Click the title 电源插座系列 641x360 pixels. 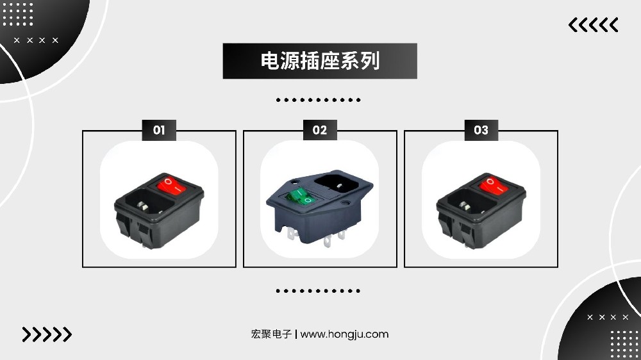coord(320,61)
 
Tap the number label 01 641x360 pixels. coord(159,130)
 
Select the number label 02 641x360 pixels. coord(320,130)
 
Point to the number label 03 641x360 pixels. coord(481,130)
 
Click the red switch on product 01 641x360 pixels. coord(172,184)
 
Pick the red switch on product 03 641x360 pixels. coord(494,185)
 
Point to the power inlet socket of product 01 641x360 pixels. coord(144,203)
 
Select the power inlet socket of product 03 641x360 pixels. coord(467,203)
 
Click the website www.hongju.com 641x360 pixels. coord(344,334)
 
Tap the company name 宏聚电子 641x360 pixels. coord(271,334)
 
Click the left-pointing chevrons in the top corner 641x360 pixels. coord(593,25)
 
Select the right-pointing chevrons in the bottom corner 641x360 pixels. coord(47,334)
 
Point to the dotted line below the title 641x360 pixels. coord(318,100)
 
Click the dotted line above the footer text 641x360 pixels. coord(318,291)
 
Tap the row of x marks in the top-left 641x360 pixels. coord(36,40)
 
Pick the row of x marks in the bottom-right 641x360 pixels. coord(608,317)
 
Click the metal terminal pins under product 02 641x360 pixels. coord(315,238)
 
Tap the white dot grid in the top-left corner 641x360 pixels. coord(18,14)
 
